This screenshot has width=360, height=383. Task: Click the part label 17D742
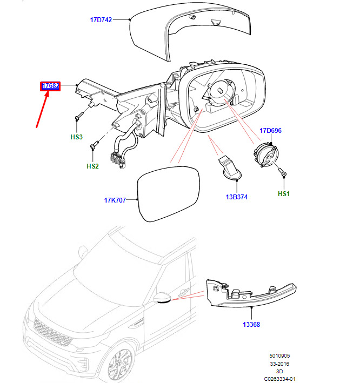coord(101,20)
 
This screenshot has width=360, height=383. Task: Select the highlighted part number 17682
coord(51,86)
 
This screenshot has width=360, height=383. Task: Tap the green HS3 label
coord(76,137)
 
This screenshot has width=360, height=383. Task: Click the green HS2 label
coord(92,166)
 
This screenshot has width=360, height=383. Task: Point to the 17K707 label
coord(115,200)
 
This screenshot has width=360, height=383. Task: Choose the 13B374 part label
coord(236,197)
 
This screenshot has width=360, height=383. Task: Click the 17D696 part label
coord(270,131)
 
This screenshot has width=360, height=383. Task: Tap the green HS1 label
coord(283,193)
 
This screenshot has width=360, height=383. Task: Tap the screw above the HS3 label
coord(79,116)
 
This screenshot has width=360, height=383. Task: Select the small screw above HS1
coord(284,174)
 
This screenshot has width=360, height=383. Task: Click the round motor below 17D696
coord(264,156)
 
